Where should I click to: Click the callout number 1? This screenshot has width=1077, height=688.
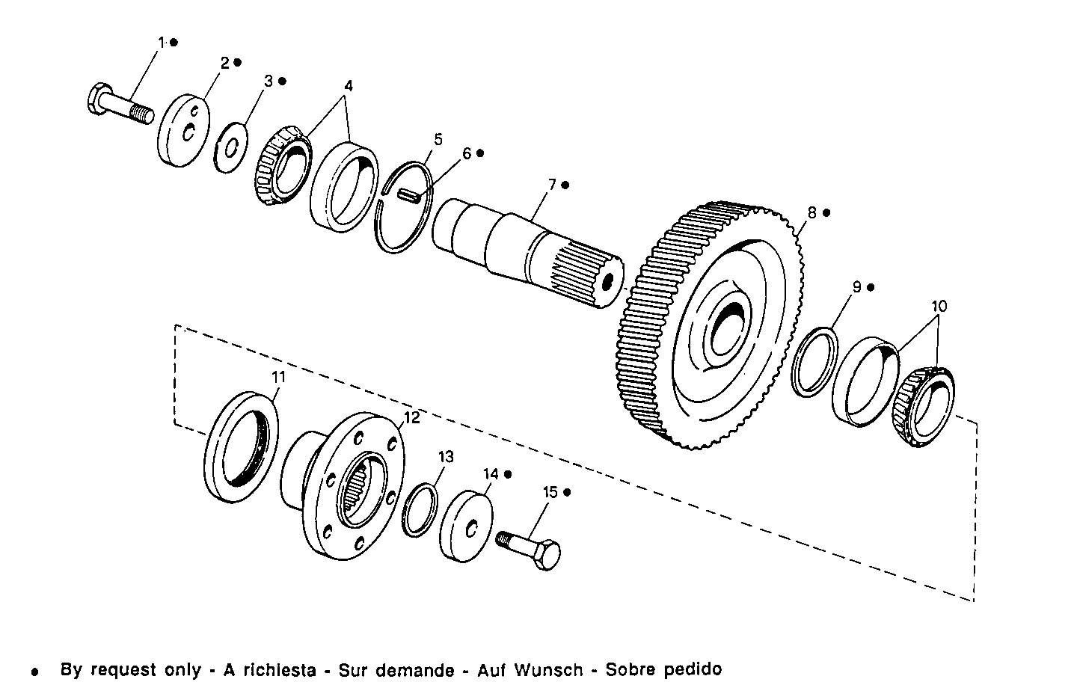click(x=160, y=43)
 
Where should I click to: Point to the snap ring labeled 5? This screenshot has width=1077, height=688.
click(x=405, y=207)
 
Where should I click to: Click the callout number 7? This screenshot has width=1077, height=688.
click(x=552, y=184)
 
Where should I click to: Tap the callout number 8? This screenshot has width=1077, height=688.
click(x=812, y=212)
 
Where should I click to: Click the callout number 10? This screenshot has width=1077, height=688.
click(x=939, y=306)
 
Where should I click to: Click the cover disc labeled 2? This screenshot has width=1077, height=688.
click(x=183, y=130)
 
